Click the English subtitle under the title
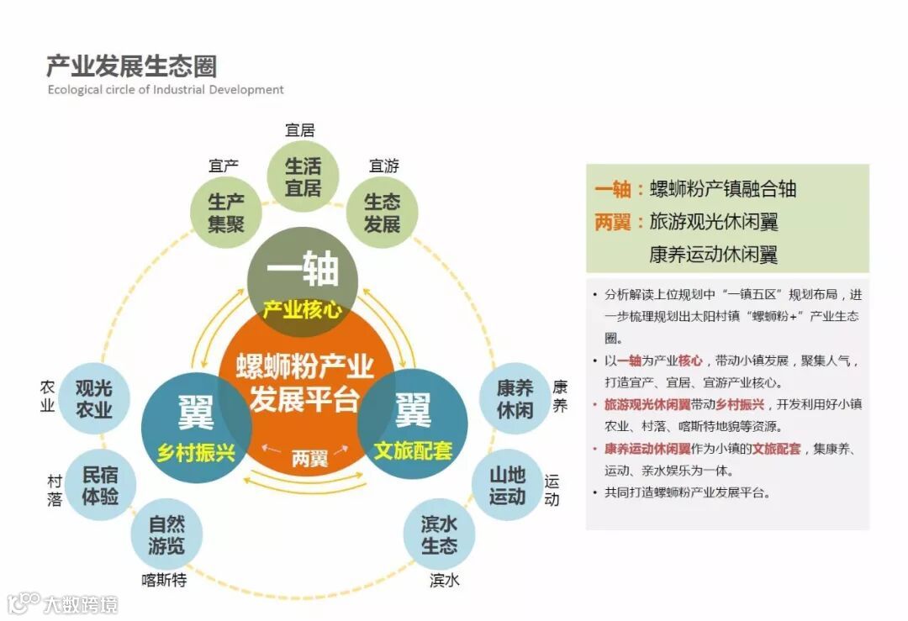point(166,89)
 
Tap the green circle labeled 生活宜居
point(303,176)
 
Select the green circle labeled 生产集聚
point(226,213)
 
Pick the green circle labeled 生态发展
point(382,213)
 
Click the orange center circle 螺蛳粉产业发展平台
point(304,382)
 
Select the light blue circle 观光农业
point(94,398)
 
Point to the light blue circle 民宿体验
point(100,485)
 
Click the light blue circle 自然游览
point(166,534)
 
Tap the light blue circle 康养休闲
point(515,398)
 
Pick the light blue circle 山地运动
point(507,485)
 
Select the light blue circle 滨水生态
point(440,534)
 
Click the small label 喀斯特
point(164,581)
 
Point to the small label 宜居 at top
point(300,130)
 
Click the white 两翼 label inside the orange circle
point(309,459)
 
